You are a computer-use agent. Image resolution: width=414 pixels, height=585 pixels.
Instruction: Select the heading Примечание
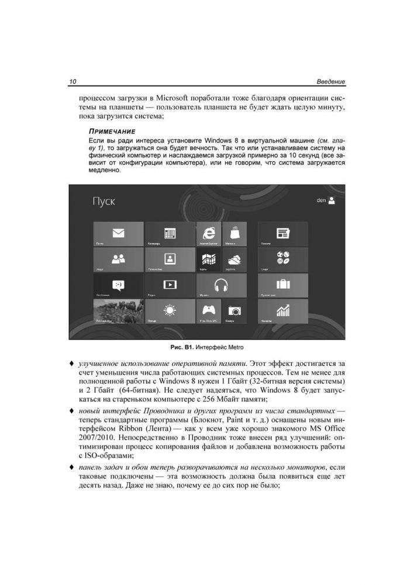point(112,132)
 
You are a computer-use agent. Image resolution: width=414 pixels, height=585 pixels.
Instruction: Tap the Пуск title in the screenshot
point(103,202)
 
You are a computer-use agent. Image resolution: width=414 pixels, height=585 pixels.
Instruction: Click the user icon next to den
point(332,200)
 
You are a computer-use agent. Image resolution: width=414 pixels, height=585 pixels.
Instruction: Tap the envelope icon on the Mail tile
point(119,233)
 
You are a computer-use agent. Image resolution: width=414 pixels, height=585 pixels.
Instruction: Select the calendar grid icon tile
point(170,233)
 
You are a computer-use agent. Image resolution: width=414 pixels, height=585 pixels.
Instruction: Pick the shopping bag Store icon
point(233,232)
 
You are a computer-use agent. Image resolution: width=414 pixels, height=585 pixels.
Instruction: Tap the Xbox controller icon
point(208,310)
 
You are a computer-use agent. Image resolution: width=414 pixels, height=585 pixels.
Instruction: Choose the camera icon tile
point(233,310)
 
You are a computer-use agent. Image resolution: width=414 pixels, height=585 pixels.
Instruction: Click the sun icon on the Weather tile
point(170,310)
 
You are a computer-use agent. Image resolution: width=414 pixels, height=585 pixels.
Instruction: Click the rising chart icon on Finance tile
point(283,310)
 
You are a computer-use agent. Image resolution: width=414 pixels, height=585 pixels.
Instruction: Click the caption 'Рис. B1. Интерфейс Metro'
point(206,348)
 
